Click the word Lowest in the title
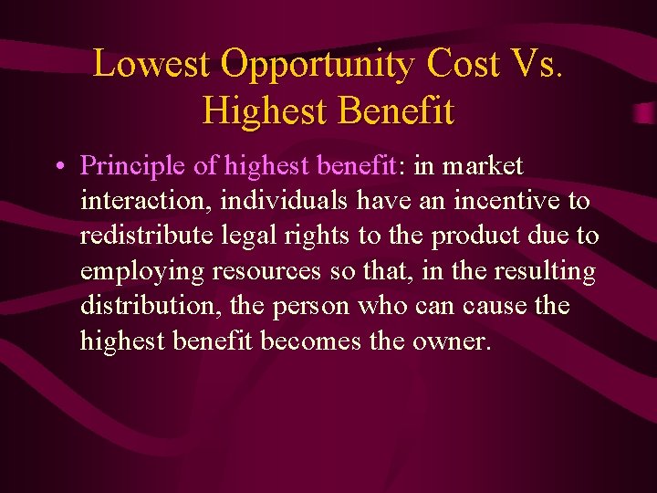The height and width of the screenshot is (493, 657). tap(151, 65)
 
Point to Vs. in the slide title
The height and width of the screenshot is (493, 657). tap(539, 65)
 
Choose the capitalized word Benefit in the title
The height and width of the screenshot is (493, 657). tap(395, 111)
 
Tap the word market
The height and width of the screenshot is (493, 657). tap(483, 167)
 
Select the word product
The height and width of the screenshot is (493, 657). tap(479, 236)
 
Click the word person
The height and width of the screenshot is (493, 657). tap(307, 306)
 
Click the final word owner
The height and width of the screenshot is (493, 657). tap(452, 341)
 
